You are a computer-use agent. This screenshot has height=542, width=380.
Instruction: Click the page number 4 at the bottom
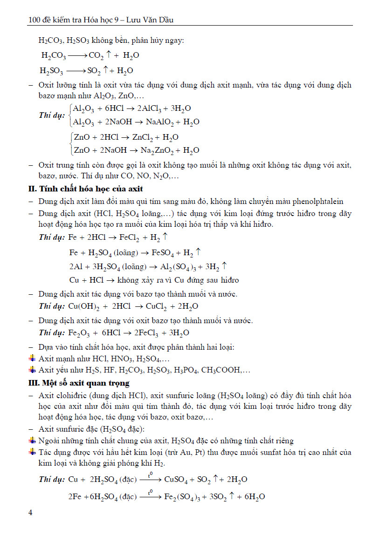(31, 513)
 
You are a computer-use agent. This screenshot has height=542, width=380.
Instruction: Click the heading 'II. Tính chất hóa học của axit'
(86, 189)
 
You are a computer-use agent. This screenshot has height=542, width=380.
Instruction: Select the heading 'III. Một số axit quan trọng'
(79, 383)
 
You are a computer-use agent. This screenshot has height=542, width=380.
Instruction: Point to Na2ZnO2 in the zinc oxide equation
(163, 150)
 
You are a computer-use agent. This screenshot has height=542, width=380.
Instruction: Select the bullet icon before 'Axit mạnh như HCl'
(32, 358)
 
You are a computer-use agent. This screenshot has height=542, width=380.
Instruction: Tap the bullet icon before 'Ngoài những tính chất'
(32, 440)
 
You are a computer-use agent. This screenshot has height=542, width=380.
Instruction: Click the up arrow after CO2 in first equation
(108, 55)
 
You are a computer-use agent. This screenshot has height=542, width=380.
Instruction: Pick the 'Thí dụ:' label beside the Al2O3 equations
(52, 115)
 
